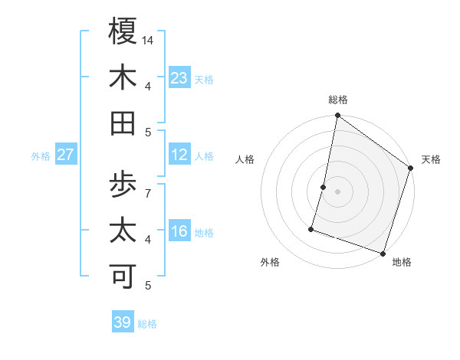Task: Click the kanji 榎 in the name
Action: (x=123, y=31)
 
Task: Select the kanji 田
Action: (x=123, y=123)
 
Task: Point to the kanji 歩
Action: (x=123, y=185)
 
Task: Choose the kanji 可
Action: (x=123, y=277)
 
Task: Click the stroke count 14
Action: (x=149, y=41)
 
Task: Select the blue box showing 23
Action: (x=179, y=77)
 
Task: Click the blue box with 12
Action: (x=179, y=155)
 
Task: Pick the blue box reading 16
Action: (x=179, y=231)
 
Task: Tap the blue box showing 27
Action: (x=66, y=155)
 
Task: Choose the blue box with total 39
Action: (x=123, y=322)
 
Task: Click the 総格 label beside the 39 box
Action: (x=147, y=324)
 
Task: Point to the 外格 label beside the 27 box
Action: (x=41, y=156)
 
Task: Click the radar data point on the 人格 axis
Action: (x=324, y=187)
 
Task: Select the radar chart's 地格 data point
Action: (x=382, y=253)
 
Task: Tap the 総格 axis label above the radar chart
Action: (x=338, y=100)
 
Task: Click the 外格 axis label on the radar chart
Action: (x=270, y=262)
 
